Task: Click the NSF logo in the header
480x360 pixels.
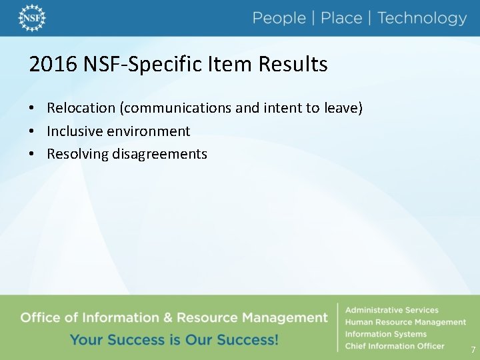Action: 31,18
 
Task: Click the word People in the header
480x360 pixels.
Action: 279,18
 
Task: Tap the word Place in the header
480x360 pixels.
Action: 341,18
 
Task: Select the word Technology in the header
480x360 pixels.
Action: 422,18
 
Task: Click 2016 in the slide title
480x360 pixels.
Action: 53,65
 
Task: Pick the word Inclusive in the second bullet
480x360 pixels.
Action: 73,131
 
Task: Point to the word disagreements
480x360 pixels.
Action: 160,154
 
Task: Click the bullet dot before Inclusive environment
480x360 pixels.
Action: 32,131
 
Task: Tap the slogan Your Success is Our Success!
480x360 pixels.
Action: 174,339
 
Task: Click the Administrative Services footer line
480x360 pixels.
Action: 391,310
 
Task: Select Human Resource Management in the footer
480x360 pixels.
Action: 405,322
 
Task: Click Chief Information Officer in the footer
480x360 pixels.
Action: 394,346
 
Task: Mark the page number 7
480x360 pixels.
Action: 473,350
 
